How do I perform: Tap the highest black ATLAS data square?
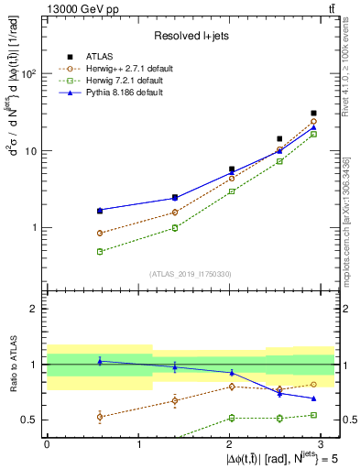314,114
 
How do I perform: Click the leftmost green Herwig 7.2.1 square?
99,251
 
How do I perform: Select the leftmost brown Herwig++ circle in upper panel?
99,233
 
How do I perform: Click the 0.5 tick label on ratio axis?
29,420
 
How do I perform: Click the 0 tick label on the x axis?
47,443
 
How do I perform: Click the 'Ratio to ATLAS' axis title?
12,365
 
